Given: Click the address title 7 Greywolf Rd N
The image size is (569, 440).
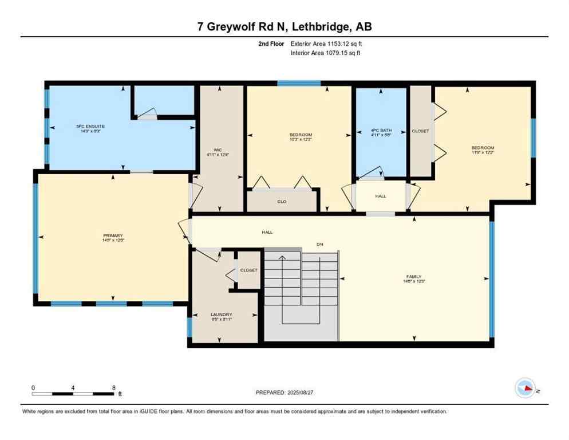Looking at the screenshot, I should tap(284, 27).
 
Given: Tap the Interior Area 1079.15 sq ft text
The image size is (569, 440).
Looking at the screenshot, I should tap(325, 53).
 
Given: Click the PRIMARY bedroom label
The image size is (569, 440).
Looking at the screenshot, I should tap(113, 235).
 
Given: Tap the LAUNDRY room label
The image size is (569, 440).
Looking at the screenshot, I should tap(221, 315).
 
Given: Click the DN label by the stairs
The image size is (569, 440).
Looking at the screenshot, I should tap(320, 245).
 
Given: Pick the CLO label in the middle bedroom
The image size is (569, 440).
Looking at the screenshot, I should tap(282, 202).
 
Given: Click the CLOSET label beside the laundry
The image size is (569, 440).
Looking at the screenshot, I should tap(248, 270).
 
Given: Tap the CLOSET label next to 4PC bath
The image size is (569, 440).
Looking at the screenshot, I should tap(420, 131).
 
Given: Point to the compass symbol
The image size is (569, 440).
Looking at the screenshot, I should tap(525, 388).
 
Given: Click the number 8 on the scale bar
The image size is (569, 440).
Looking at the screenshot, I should tap(113, 388).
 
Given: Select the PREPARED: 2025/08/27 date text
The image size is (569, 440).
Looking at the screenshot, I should tap(284, 392).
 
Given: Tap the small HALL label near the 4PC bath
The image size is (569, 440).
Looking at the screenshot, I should tap(381, 196).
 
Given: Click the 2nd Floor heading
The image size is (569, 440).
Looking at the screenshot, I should tap(271, 44).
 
